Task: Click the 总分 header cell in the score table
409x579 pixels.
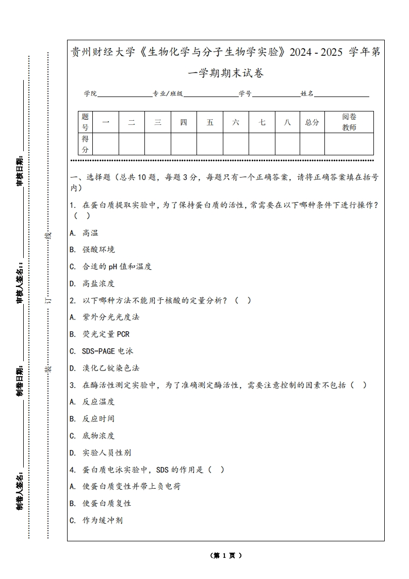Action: (312, 122)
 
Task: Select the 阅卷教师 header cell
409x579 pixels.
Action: (349, 122)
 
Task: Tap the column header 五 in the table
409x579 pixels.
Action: (210, 122)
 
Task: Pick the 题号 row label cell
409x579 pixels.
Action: (85, 122)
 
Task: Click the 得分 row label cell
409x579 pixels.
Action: (85, 144)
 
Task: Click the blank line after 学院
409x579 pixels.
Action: (124, 94)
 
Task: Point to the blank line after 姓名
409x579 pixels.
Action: (341, 94)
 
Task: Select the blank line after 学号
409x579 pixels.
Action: (276, 94)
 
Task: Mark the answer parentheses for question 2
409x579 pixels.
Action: (243, 300)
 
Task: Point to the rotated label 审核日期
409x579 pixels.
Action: (20, 170)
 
